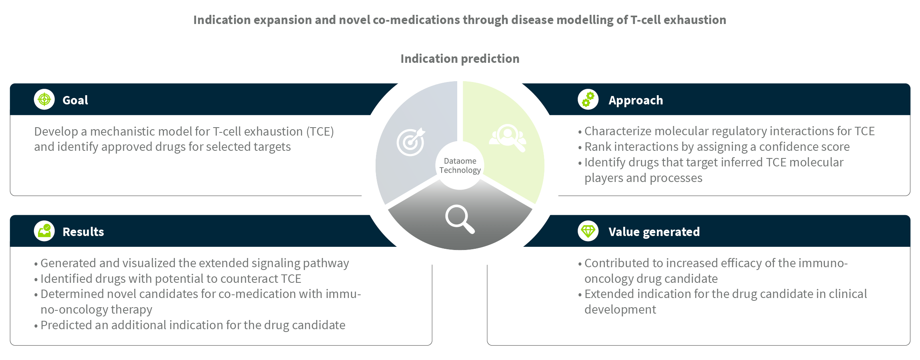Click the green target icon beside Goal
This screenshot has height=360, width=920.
pos(44,99)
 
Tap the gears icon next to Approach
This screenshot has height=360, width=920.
pos(588,99)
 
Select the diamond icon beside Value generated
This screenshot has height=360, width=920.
pos(588,231)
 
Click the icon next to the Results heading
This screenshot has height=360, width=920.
pos(44,231)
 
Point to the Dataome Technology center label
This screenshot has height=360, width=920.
pos(460,166)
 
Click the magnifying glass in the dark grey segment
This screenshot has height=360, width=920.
pos(460,219)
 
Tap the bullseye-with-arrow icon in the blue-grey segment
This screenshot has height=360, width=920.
pos(411,142)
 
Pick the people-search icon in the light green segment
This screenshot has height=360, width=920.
pos(508,138)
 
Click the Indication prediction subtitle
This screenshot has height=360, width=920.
pos(460,59)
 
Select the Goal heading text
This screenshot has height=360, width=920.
pos(75,100)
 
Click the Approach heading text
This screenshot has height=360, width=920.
pos(636,100)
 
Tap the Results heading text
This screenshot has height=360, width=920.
pos(83,232)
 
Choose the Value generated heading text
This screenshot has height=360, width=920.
pos(654,232)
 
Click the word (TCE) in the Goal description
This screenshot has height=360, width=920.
pos(320,132)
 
